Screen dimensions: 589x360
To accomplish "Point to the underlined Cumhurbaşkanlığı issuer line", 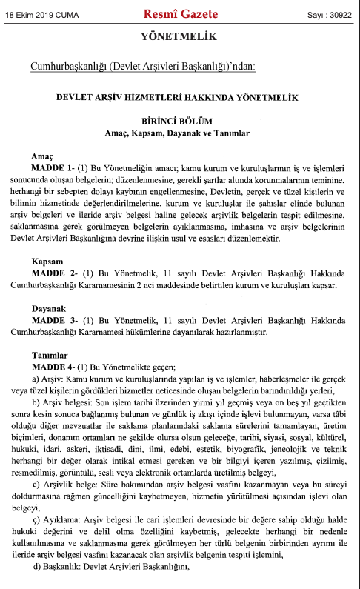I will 142,67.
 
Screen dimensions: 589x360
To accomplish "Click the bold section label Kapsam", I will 47,263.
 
